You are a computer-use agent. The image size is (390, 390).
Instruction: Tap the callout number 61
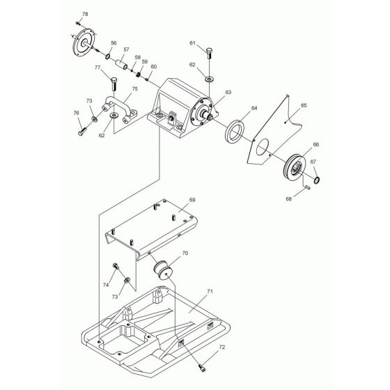tap(192, 43)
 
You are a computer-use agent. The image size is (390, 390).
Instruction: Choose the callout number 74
tap(105, 286)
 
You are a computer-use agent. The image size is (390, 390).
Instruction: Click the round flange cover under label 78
tap(86, 43)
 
